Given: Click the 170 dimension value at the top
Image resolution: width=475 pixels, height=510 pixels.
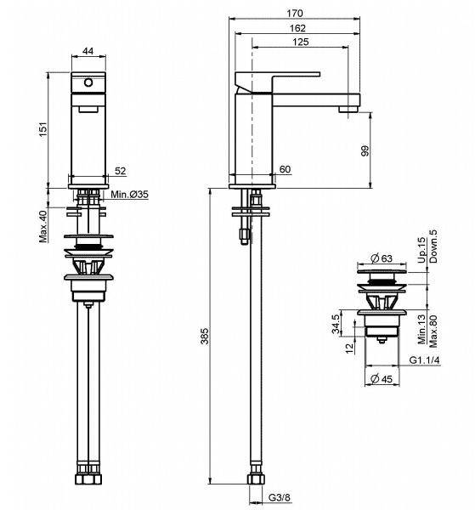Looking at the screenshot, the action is tap(295, 14).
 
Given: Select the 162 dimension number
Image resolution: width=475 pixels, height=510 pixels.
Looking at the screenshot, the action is tap(297, 28).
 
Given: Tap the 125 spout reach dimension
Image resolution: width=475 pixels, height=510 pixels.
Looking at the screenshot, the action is tap(301, 42).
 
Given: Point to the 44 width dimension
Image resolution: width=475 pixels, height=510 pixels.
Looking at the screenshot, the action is tap(88, 51).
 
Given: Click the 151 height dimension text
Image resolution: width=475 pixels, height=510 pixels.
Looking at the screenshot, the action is tap(43, 129).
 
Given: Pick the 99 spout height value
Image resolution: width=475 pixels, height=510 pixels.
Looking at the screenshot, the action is tap(365, 151).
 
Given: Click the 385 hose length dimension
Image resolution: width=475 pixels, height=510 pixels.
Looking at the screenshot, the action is tap(204, 337).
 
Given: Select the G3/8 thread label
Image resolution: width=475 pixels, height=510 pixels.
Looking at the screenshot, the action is tap(280, 497).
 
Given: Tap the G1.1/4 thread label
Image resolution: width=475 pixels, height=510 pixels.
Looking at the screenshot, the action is tap(424, 360).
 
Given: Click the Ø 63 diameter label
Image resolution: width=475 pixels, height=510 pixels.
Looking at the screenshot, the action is tap(382, 258).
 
